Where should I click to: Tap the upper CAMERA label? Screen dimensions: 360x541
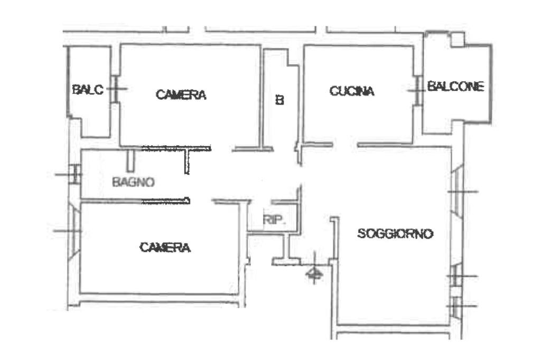coord(181,95)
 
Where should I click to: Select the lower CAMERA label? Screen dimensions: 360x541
coord(165,247)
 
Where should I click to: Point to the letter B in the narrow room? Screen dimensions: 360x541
coord(280,99)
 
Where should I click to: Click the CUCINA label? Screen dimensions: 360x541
coord(352,91)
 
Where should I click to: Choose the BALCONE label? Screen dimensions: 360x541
coord(455,87)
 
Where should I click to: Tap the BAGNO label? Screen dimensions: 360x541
coord(133,183)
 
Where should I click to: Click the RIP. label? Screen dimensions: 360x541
coord(274,220)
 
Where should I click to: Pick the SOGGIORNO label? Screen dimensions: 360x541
coord(395,233)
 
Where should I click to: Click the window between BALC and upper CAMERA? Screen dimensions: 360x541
coord(115,89)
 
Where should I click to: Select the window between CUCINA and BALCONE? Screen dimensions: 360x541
coord(418,90)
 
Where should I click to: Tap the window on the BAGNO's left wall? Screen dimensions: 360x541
coord(76,174)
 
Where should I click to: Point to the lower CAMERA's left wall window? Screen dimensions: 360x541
coord(74,231)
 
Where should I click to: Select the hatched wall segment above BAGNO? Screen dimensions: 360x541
coord(177,148)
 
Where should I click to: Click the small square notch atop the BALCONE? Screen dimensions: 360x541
coord(457,39)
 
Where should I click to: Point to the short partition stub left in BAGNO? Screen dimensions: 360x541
coord(130,160)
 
